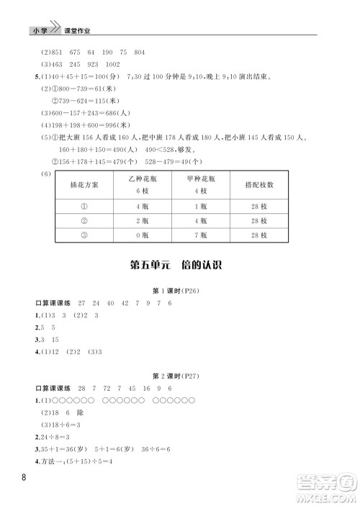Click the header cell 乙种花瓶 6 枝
point(141,184)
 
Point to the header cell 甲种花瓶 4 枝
point(200,184)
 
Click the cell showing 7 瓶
point(200,235)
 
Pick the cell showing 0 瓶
point(141,235)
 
